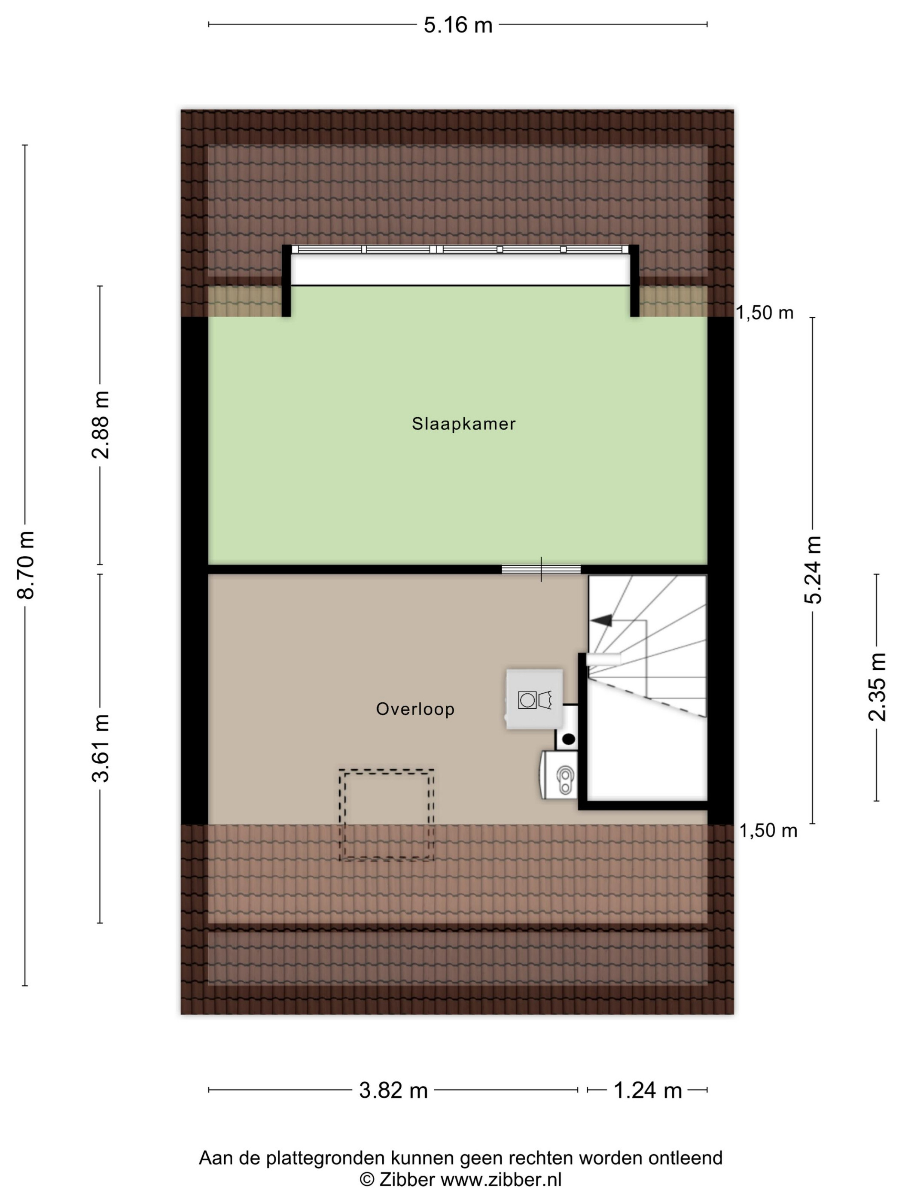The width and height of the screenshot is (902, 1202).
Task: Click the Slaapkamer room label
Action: tap(463, 423)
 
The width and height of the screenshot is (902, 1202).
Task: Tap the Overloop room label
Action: tap(415, 709)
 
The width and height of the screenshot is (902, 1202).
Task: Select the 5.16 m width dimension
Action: tap(458, 25)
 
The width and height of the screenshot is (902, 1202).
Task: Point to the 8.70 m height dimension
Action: tap(25, 565)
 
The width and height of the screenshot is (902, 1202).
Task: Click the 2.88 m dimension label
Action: tap(101, 425)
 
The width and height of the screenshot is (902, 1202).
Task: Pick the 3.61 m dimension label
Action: tap(101, 748)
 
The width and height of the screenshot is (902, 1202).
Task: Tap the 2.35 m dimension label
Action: tap(877, 687)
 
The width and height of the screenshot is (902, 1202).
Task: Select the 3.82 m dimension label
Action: tap(393, 1090)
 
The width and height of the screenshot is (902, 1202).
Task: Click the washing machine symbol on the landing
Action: tap(534, 699)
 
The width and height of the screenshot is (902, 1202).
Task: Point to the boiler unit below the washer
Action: tap(559, 774)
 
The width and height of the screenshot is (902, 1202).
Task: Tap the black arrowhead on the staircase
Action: tap(601, 620)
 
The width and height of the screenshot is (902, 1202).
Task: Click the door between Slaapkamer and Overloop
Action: tap(541, 570)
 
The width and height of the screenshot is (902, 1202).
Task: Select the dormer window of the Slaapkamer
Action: tap(460, 249)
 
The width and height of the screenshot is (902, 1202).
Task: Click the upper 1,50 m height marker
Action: tap(765, 313)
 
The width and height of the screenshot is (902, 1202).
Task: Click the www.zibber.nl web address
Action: tap(501, 1180)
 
